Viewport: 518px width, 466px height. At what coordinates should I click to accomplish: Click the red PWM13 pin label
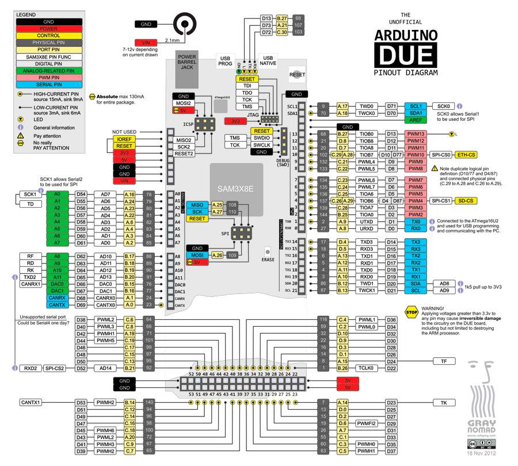(x=416, y=134)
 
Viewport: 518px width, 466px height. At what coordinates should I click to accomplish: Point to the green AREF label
(x=416, y=120)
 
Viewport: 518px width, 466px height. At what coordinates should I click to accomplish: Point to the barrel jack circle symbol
(x=185, y=24)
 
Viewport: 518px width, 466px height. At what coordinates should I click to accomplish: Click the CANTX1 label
(x=31, y=403)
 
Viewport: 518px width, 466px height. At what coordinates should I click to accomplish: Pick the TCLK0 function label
(x=367, y=368)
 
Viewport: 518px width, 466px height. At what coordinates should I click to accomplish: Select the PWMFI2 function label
(x=367, y=423)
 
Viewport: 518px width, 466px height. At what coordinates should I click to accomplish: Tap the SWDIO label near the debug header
(x=261, y=138)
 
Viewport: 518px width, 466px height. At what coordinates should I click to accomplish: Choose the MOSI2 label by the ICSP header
(x=184, y=103)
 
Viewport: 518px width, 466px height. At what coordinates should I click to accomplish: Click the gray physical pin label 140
(x=149, y=403)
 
